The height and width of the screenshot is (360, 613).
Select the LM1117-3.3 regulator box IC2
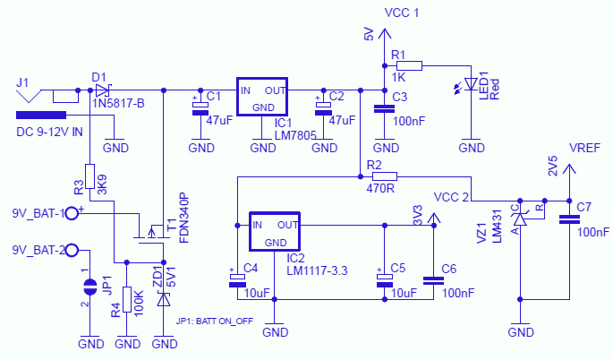click(x=276, y=232)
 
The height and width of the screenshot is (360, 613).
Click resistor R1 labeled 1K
click(x=409, y=64)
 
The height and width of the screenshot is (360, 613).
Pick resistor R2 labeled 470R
click(x=384, y=176)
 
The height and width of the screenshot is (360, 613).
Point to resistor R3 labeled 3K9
click(x=89, y=176)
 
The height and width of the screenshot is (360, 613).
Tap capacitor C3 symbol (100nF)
click(x=385, y=109)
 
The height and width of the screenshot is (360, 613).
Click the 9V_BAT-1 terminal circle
click(x=72, y=213)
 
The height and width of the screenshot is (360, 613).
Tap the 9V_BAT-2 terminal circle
click(x=72, y=250)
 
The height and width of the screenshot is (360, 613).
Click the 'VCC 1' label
click(x=401, y=13)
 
